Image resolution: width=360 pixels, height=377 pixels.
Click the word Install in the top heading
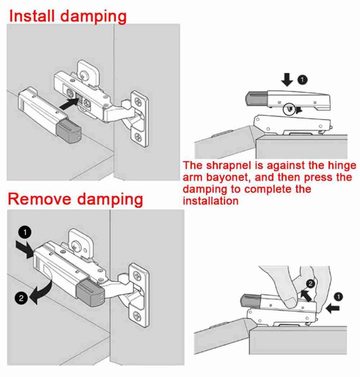click(x=32, y=16)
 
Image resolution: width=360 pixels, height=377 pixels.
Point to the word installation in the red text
click(x=210, y=201)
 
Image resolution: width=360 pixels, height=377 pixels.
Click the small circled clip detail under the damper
click(x=289, y=109)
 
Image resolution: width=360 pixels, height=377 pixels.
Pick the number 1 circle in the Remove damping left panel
click(x=25, y=232)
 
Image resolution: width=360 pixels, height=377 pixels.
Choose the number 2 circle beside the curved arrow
click(x=21, y=298)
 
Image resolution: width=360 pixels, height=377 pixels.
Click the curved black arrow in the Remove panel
click(x=41, y=291)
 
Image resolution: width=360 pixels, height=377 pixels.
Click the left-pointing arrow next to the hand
click(x=333, y=308)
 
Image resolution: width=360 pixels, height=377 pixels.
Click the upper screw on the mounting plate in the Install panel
click(x=139, y=101)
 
